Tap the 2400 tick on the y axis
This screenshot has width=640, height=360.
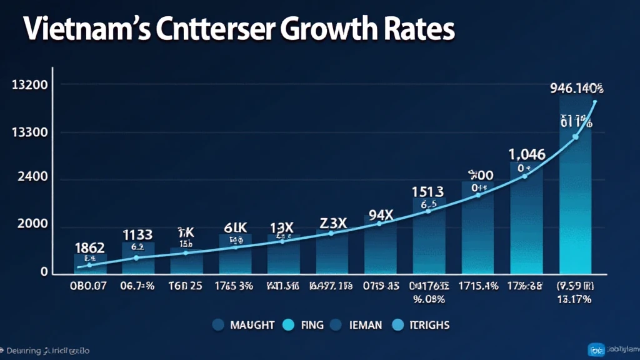coord(32,177)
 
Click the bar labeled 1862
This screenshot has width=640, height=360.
coord(90,263)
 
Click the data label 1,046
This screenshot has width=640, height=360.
coord(527,154)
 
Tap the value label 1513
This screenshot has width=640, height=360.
coord(428,191)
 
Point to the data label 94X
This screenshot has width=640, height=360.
coord(380,214)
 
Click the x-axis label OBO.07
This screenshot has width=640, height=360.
coord(89,287)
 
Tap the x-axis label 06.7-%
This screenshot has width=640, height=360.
coord(138,287)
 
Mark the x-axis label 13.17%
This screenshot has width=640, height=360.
coord(575,299)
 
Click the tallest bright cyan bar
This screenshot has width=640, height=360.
coord(576,187)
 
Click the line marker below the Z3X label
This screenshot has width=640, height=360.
coord(331,233)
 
